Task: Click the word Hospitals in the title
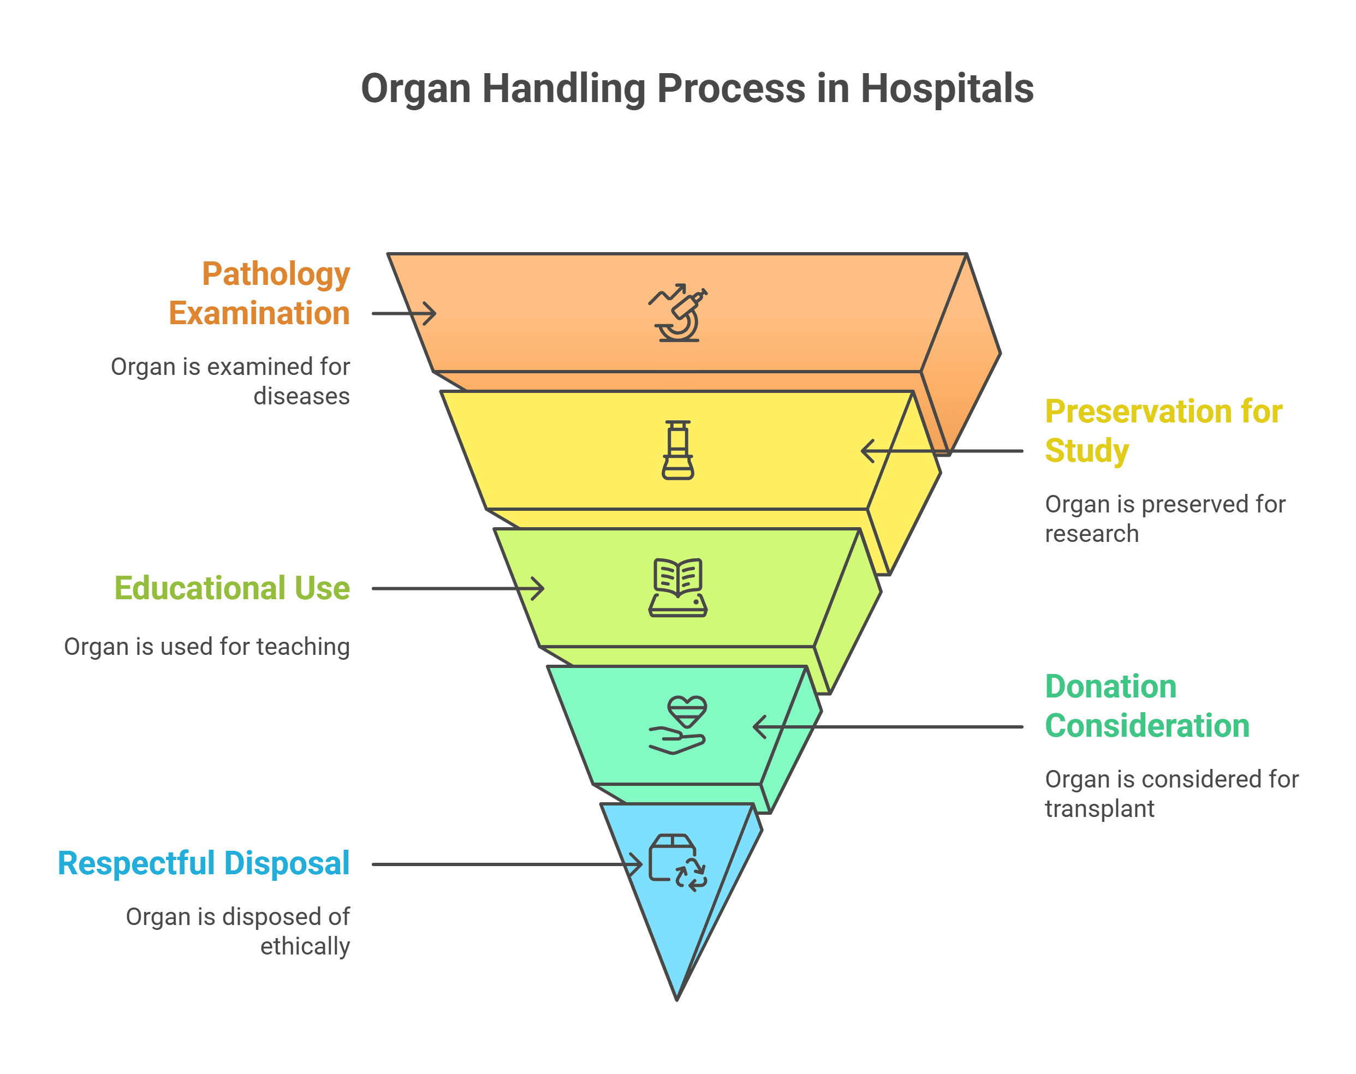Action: (x=946, y=88)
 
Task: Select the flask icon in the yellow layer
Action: (x=677, y=450)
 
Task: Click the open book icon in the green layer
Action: (x=677, y=587)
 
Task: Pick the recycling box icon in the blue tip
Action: (x=677, y=862)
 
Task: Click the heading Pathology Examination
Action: (x=259, y=294)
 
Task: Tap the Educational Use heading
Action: (x=231, y=588)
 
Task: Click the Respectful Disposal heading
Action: (x=203, y=863)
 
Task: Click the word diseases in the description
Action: (x=301, y=396)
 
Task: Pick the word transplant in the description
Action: (x=1099, y=809)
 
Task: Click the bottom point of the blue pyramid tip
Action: (x=677, y=999)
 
